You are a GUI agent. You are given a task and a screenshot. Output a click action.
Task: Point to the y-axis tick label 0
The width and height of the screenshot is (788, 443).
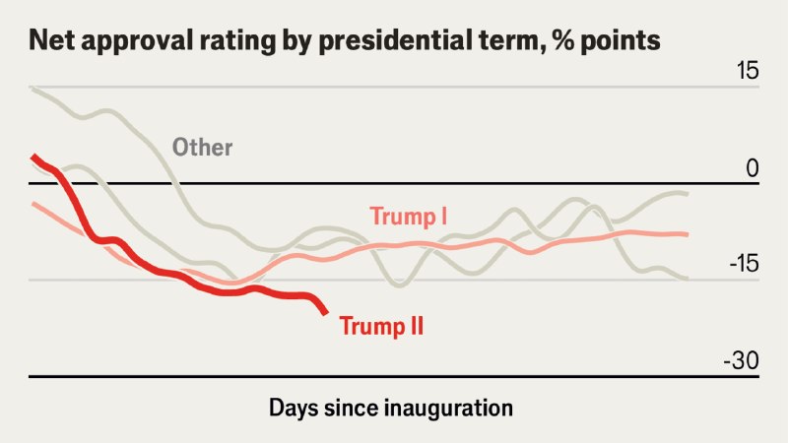pos(753,168)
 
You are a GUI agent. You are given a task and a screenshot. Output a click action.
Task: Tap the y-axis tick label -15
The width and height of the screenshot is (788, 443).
pos(744,264)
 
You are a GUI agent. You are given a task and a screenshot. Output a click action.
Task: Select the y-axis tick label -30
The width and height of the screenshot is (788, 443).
pos(742,360)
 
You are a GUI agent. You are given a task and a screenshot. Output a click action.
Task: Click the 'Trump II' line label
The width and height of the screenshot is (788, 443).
pos(381,326)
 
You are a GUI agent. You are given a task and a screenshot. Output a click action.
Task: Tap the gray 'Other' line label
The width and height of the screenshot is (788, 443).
pos(203,148)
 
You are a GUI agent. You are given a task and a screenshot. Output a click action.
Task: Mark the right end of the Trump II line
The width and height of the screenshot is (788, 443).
pos(326,313)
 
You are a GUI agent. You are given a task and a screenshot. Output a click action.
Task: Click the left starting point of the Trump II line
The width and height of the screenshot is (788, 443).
pos(33,156)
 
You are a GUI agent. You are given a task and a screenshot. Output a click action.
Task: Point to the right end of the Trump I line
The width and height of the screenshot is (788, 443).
pos(687,234)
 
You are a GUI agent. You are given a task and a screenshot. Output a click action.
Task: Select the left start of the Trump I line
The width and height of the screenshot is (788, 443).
pos(33,203)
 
